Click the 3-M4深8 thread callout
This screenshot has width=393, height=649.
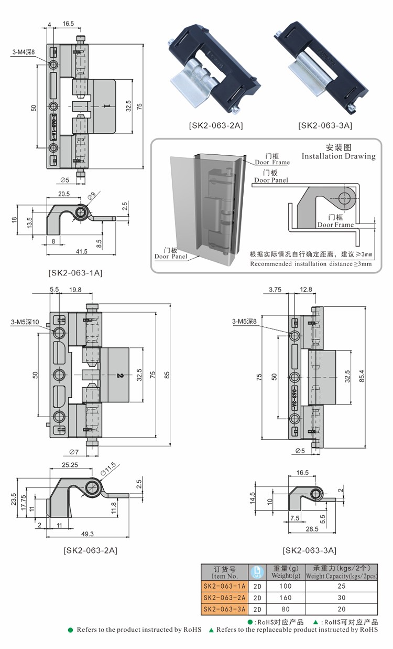point(24,52)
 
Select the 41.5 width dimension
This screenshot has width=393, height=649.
point(81,252)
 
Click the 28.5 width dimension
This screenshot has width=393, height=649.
point(312,529)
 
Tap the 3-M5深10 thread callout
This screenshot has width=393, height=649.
point(25,322)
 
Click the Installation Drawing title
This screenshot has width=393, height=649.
point(339,156)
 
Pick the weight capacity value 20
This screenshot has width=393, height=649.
point(341,609)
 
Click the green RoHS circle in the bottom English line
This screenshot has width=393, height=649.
point(70,630)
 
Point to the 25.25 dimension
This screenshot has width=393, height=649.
point(70,465)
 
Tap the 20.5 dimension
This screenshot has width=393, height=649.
point(64,194)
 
